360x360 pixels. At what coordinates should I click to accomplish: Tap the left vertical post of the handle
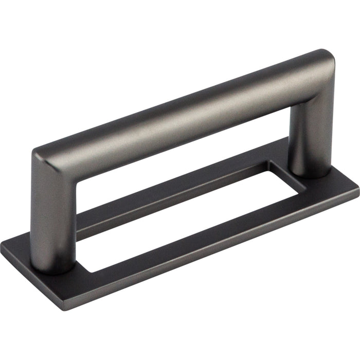(x=51, y=216)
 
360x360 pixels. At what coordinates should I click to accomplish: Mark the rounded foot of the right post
(x=311, y=172)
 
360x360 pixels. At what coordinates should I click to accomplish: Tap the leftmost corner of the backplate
(x=4, y=246)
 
